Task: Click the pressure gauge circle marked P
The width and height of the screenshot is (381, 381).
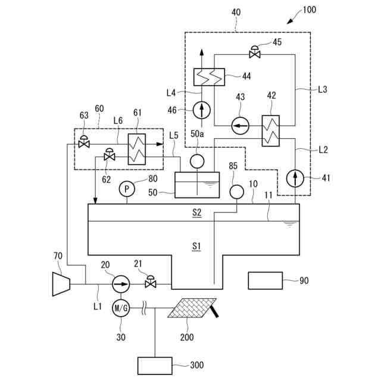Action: click(x=126, y=189)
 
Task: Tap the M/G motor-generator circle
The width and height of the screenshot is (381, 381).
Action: click(x=121, y=308)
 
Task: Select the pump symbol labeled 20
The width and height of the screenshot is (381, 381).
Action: click(x=121, y=284)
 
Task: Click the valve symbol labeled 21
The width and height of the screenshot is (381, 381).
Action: click(x=151, y=283)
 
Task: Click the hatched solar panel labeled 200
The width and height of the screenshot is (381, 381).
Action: click(x=192, y=308)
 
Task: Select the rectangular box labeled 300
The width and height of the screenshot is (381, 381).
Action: click(x=155, y=366)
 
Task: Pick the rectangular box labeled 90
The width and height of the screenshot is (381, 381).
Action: click(x=266, y=280)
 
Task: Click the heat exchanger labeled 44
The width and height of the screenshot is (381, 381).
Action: click(x=208, y=77)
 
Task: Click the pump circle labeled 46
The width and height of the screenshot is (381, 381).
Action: click(x=202, y=110)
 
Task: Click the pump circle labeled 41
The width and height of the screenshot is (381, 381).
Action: click(x=295, y=178)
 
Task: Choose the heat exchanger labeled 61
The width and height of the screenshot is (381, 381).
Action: click(x=137, y=149)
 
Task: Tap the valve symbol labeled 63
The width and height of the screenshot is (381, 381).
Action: click(x=84, y=143)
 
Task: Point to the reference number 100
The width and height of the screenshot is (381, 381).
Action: click(x=310, y=10)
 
